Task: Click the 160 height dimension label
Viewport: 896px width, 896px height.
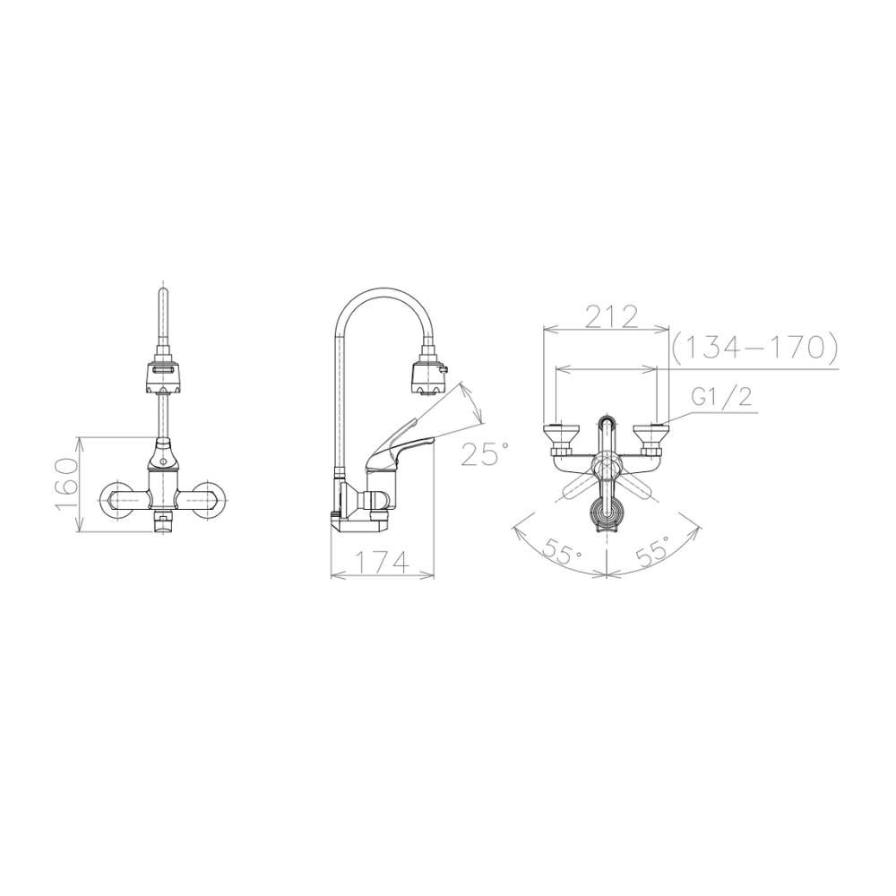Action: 65,484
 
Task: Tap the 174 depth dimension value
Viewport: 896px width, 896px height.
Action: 383,563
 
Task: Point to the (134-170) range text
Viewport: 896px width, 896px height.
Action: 754,347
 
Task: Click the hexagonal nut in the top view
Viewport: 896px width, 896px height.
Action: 607,466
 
